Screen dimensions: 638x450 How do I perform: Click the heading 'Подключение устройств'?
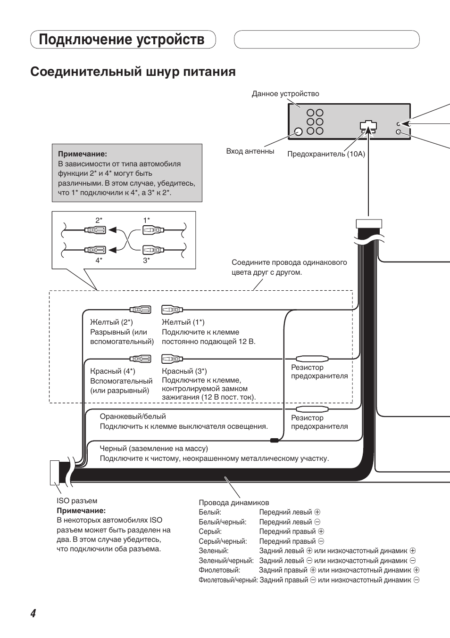coord(122,40)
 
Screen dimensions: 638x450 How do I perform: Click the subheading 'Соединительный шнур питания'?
coord(133,72)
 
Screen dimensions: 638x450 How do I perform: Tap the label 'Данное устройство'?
coord(285,94)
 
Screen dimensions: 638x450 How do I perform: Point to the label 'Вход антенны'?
coord(250,151)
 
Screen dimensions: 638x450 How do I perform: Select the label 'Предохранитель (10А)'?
coord(326,154)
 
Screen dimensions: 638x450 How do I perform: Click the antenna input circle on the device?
coord(298,131)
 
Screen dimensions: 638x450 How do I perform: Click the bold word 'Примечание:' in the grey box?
coord(83,154)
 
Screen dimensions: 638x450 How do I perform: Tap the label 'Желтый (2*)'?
coord(111,322)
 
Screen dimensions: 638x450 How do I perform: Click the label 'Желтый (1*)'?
coord(183,322)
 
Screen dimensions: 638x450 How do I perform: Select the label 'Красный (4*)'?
coord(112,371)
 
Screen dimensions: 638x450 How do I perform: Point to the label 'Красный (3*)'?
coord(184,371)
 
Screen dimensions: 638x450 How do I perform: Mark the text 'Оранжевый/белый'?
coord(133,417)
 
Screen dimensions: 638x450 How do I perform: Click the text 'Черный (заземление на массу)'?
coord(154,449)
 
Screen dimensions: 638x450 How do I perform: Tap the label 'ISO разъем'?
coord(77,501)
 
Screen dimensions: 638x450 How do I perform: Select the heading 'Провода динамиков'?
coord(233,503)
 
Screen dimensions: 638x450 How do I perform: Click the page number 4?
coord(33,613)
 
